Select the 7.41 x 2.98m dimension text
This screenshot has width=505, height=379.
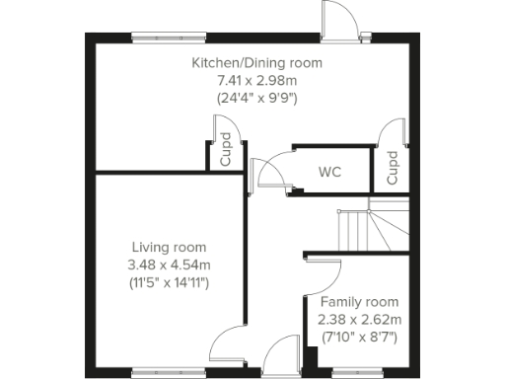click(x=256, y=80)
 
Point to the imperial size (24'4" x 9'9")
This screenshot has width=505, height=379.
click(x=256, y=97)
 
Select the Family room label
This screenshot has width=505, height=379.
click(x=359, y=302)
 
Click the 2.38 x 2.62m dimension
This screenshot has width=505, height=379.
click(x=359, y=319)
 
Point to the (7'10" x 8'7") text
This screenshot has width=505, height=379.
click(x=359, y=337)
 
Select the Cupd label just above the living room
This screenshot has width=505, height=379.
click(x=225, y=151)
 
